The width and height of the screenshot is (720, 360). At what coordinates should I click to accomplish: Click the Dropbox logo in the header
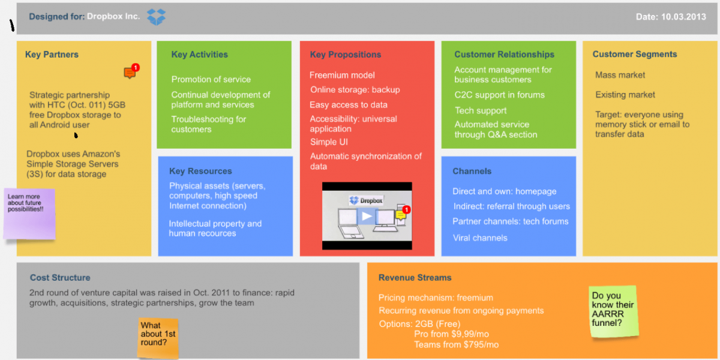coord(156,17)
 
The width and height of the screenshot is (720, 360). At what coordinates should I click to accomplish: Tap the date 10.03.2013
coord(683,17)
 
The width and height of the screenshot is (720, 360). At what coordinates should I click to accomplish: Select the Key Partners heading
coord(52,55)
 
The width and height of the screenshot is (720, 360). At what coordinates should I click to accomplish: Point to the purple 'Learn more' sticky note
coord(29,214)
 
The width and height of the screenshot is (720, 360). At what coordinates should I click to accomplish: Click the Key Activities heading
coord(199,55)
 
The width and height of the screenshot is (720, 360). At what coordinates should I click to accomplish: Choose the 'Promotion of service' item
coord(211,79)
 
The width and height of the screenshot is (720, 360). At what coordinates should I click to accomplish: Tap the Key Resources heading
coord(200,171)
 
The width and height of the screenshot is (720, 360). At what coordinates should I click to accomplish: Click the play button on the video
coord(367,216)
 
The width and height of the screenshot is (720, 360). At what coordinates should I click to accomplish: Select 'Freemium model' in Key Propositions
coord(342,75)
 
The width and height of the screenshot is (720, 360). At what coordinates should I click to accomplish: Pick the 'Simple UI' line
coord(329,142)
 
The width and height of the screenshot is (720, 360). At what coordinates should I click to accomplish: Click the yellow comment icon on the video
coord(401,215)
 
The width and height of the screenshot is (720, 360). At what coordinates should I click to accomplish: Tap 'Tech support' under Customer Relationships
coord(481,110)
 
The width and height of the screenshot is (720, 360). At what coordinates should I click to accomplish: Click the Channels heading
coord(472,171)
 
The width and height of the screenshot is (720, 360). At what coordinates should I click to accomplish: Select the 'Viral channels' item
coord(480,238)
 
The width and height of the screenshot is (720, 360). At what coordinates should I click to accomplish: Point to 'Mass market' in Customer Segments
coord(620,75)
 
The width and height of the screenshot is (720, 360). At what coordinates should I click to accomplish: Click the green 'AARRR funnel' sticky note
coord(613,311)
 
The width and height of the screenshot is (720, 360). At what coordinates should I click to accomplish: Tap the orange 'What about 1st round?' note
coord(158,338)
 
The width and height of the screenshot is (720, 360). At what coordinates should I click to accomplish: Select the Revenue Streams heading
coord(415,277)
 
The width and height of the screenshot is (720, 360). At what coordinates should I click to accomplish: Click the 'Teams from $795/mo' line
coord(456,344)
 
